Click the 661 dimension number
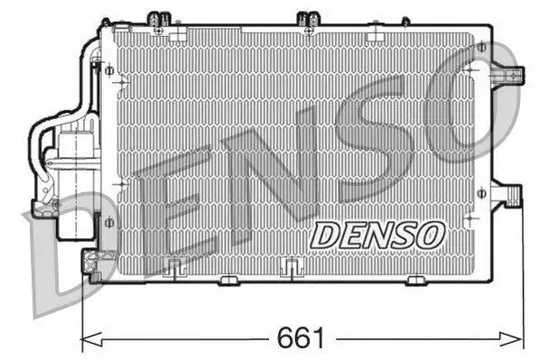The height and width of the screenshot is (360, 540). (301, 338)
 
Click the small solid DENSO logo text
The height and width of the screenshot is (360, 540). (377, 235)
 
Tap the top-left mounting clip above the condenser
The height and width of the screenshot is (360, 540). (159, 20)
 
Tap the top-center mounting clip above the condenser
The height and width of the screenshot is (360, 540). (309, 21)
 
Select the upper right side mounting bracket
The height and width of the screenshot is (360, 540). (508, 74)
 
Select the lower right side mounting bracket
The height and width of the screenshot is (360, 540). (507, 195)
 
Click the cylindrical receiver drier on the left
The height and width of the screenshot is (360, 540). (76, 182)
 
